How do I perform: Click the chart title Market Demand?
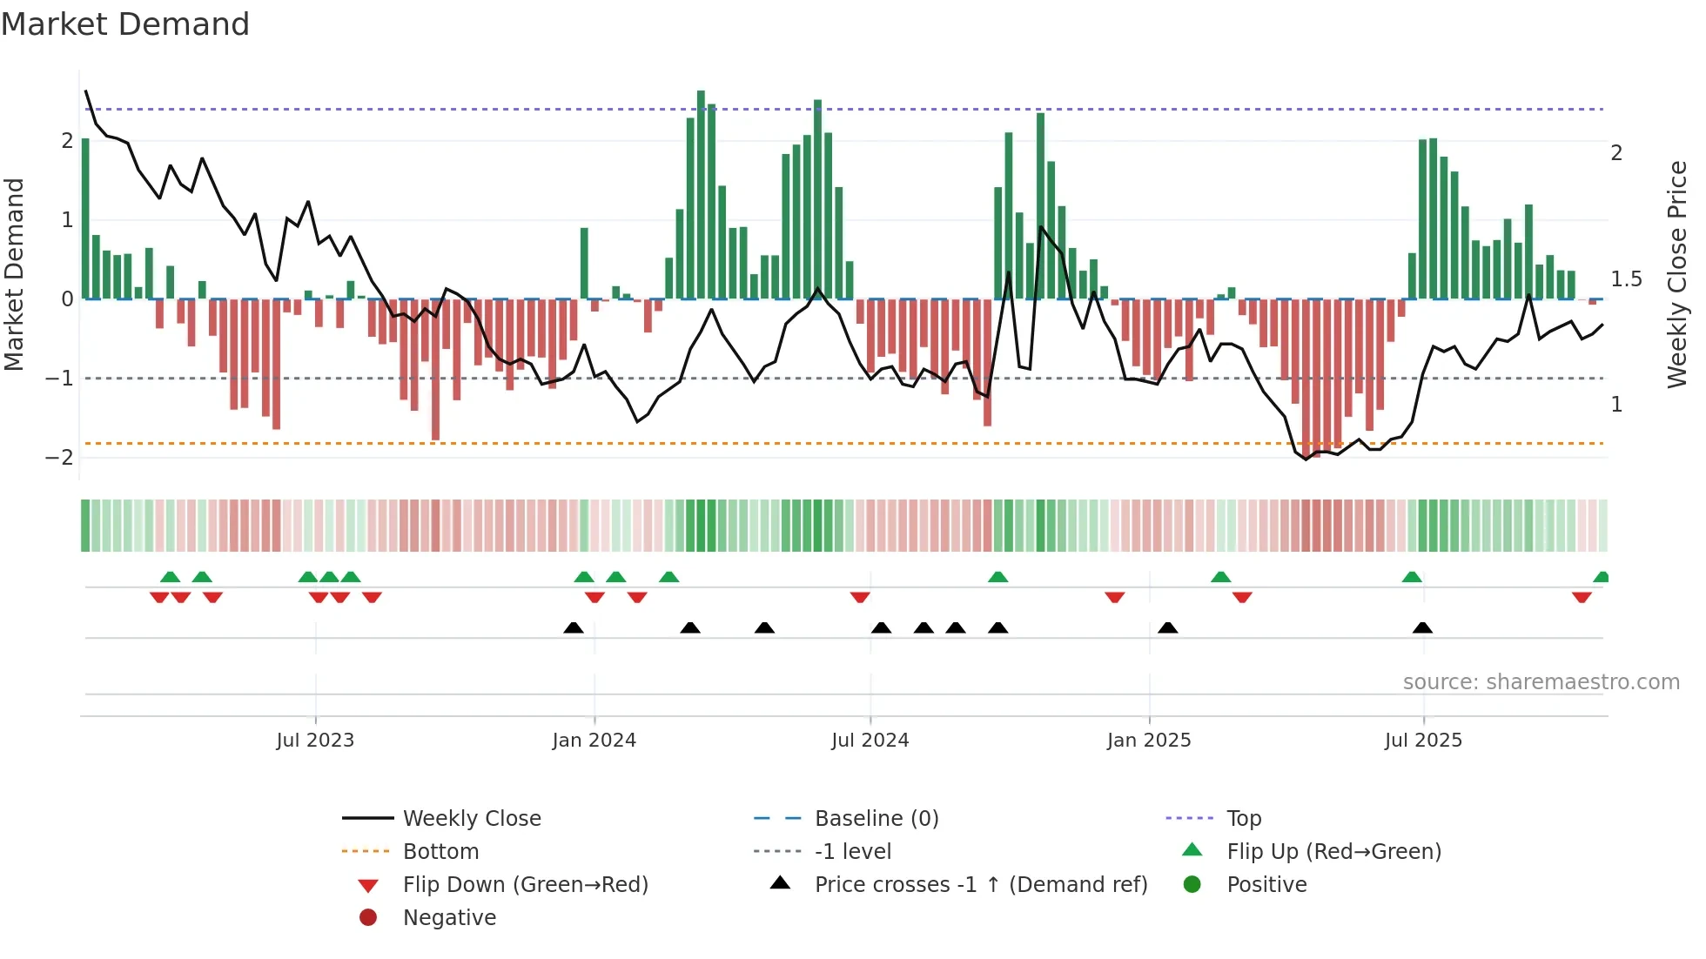tap(125, 24)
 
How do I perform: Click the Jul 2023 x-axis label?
tap(315, 741)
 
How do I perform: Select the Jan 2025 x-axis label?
tap(1148, 741)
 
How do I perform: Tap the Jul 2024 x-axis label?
tap(870, 741)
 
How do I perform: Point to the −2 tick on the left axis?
tap(59, 458)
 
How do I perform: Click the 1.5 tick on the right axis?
tap(1626, 279)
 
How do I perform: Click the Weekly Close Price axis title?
tap(1676, 274)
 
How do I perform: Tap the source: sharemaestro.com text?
tap(1541, 682)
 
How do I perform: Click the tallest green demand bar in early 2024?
tap(701, 196)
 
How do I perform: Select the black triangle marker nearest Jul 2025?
tap(1422, 628)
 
